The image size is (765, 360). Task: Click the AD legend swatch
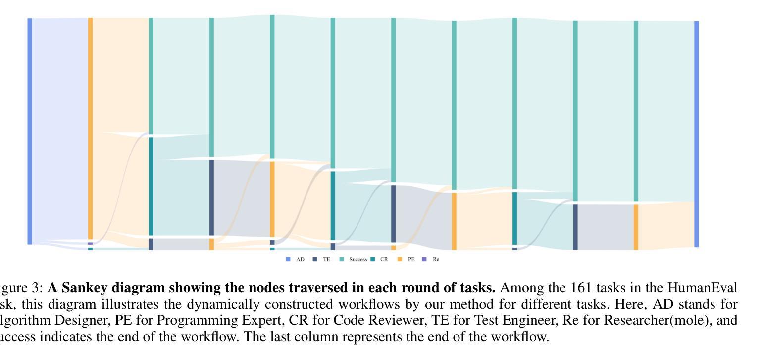tap(288, 259)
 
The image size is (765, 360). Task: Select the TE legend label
tap(326, 259)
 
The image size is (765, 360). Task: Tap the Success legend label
tap(358, 259)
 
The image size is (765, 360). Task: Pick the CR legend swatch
tap(373, 259)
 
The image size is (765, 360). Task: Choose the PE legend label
tap(411, 259)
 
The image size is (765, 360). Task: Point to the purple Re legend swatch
tap(424, 259)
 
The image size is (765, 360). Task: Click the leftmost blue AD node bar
tap(30, 131)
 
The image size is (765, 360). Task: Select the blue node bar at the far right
tap(697, 134)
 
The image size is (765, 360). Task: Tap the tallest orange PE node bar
tap(90, 129)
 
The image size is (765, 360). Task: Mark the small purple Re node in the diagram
tap(90, 244)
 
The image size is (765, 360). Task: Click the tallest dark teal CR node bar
tap(151, 186)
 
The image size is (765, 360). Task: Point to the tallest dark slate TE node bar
tap(211, 198)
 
